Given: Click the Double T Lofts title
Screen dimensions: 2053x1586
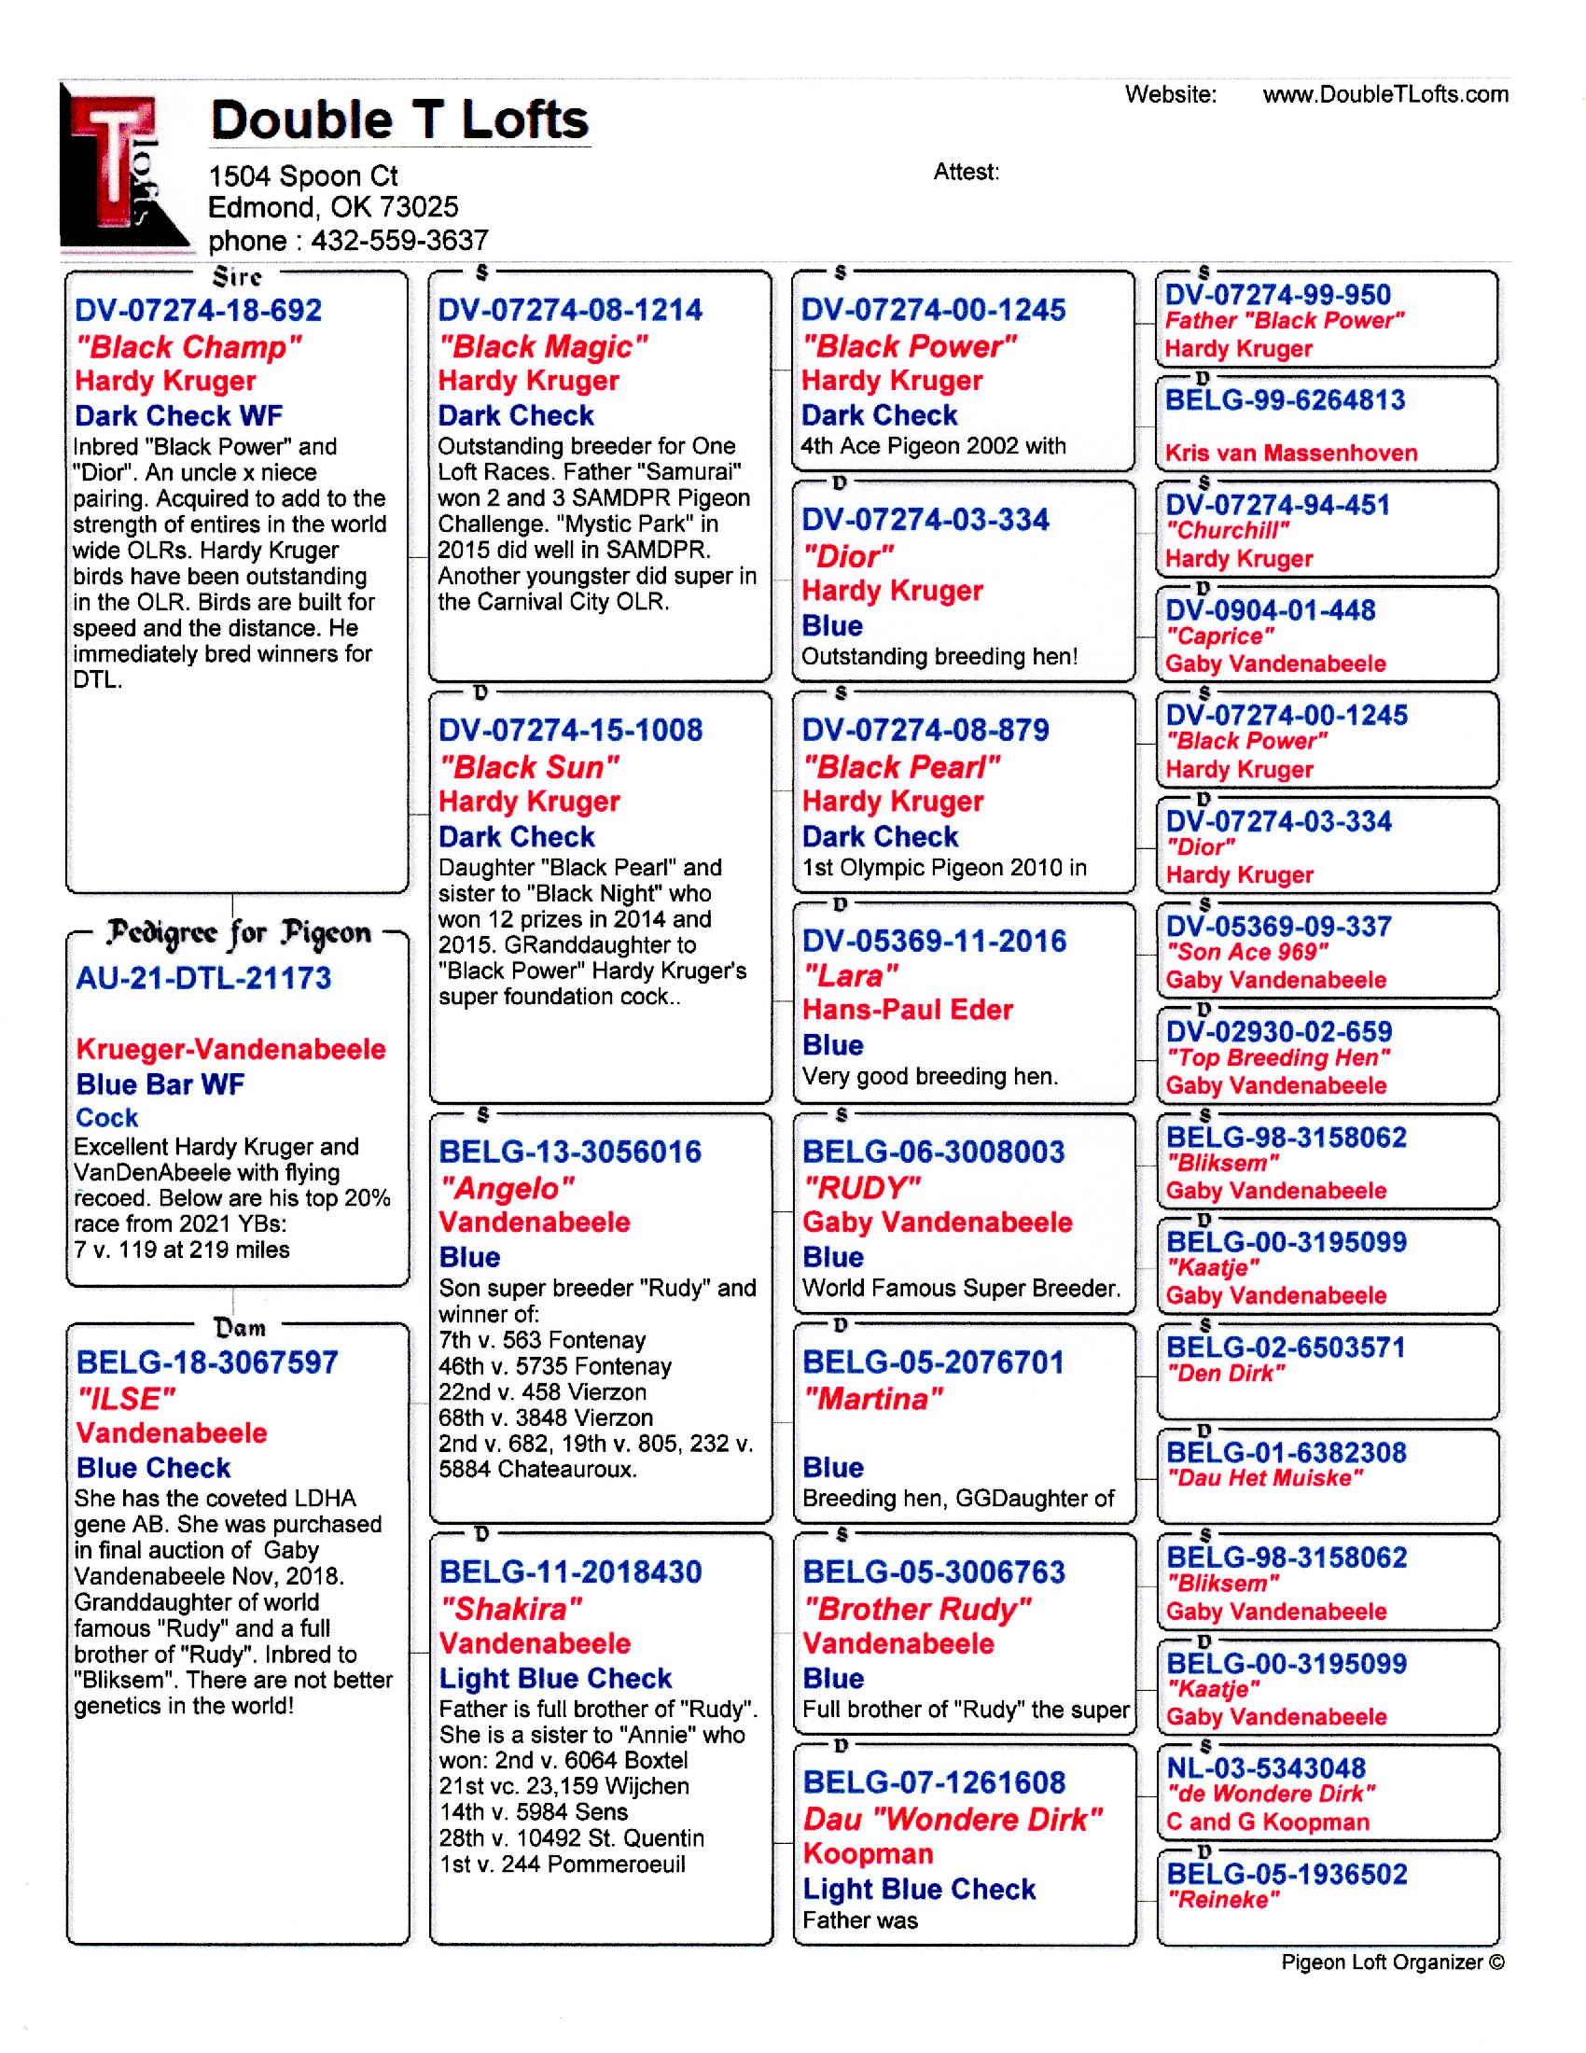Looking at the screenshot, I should (x=399, y=120).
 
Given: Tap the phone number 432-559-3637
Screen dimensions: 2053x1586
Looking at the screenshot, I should (x=399, y=241).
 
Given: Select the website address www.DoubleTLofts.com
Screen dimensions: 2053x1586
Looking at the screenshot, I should (x=1384, y=94).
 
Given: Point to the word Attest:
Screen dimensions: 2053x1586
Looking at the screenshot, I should (x=966, y=172).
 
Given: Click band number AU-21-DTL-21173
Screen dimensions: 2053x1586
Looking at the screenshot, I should (x=204, y=979).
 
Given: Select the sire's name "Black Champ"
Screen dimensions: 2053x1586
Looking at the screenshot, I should (x=188, y=347).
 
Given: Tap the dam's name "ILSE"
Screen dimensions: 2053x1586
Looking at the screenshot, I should (x=126, y=1399).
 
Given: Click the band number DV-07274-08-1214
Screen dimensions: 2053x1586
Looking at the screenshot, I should (x=570, y=310).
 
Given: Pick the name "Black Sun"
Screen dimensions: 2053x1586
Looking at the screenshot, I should (x=529, y=767).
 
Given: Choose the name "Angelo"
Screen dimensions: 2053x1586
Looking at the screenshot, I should (x=507, y=1188).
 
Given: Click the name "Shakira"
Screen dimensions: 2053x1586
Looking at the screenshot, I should (x=511, y=1609).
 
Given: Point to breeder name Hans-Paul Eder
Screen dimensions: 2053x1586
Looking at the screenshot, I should (x=908, y=1010).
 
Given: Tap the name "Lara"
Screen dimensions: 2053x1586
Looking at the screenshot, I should (x=850, y=976).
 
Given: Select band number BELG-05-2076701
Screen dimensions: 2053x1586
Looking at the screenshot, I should (x=933, y=1362).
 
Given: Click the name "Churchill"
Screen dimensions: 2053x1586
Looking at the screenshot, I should (x=1228, y=531).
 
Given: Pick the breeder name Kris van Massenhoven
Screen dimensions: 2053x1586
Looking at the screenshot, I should (x=1291, y=454).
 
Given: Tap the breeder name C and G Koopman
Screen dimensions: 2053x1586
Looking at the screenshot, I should (x=1268, y=1822).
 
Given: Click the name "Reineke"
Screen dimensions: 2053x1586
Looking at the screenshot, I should (x=1223, y=1900).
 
